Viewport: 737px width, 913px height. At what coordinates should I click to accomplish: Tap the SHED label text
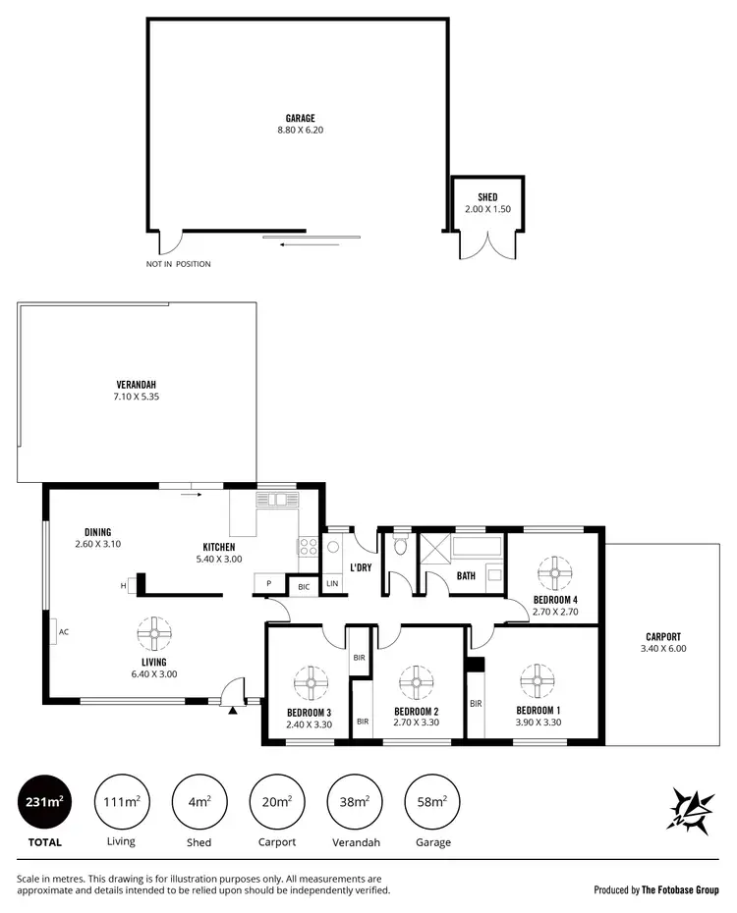point(487,197)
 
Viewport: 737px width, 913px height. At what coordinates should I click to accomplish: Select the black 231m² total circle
point(44,802)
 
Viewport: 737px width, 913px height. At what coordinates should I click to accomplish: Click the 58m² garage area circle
point(432,802)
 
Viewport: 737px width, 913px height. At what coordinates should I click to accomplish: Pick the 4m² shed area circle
point(199,802)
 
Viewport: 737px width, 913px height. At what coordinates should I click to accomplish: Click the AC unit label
point(63,631)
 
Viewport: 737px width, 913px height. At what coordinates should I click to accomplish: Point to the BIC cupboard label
point(304,586)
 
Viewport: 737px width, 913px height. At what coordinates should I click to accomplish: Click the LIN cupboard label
point(332,584)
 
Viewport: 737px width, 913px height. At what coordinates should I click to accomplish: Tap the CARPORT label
point(663,636)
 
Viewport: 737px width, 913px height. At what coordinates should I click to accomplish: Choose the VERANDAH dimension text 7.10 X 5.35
point(136,397)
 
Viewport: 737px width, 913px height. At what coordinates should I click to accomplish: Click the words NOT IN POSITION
point(178,264)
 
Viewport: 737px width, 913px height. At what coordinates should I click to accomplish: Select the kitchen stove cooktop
point(307,548)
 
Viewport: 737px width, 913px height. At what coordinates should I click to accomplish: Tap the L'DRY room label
point(360,567)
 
